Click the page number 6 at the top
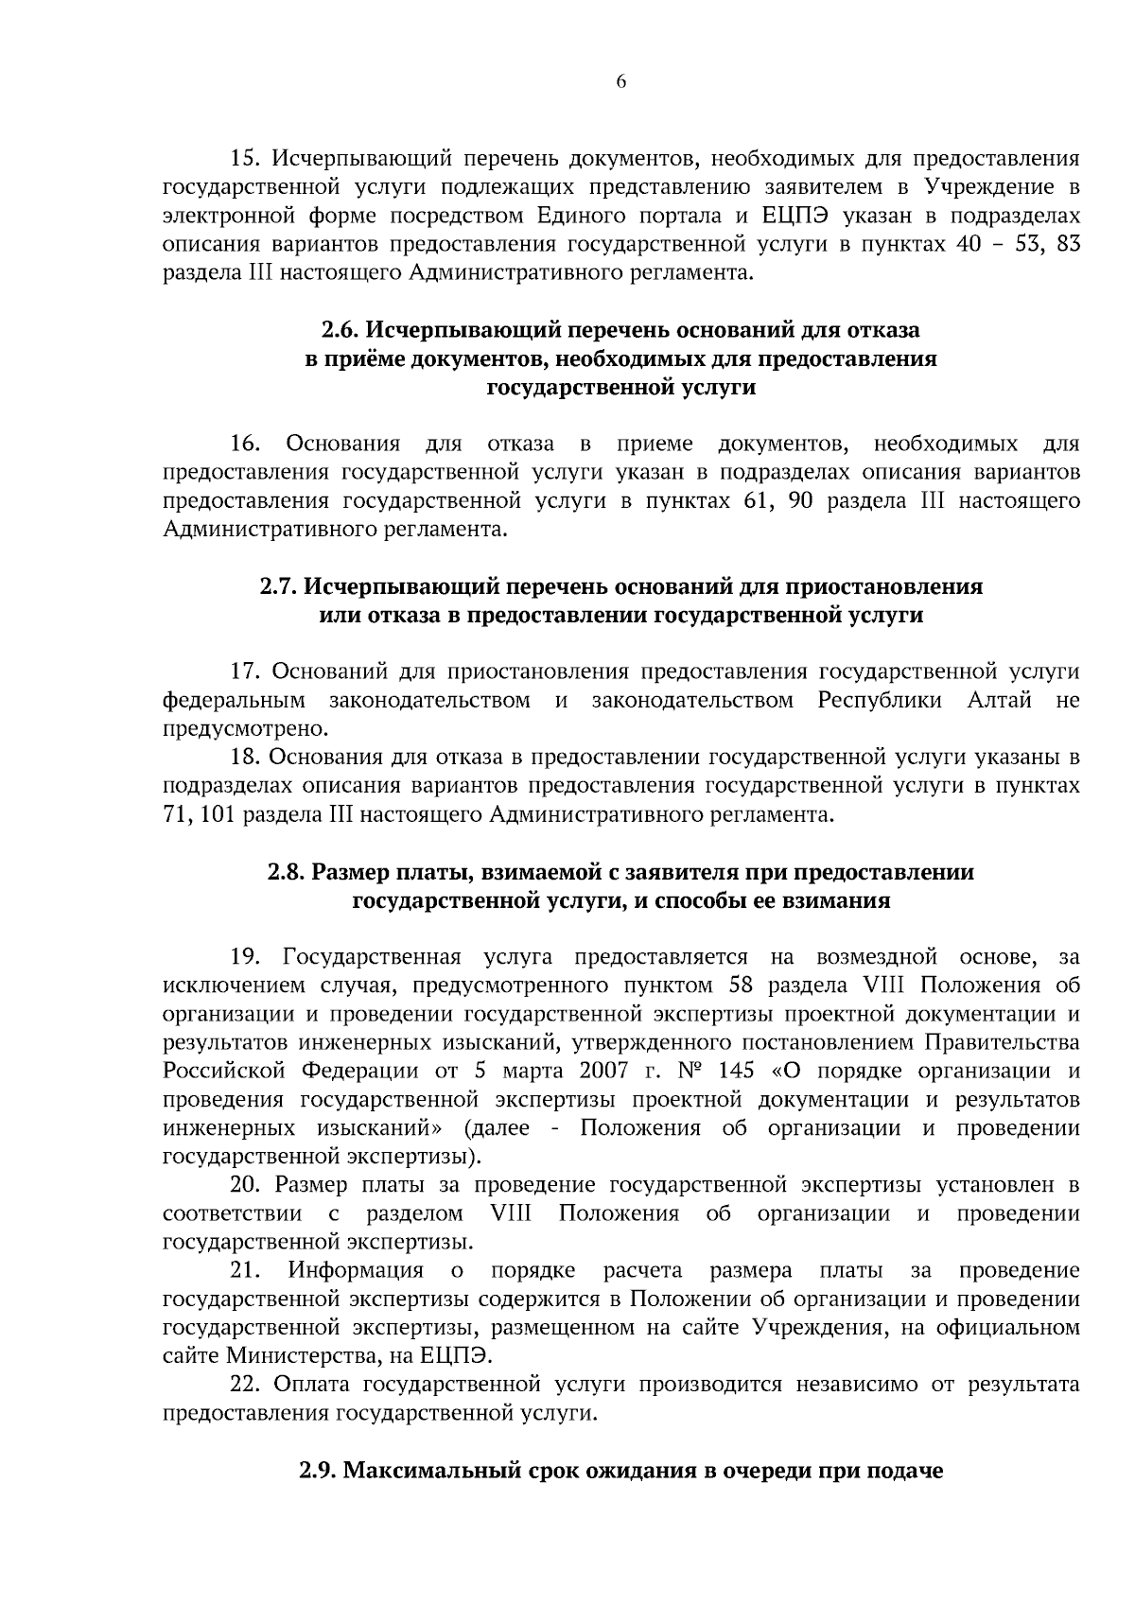pyautogui.click(x=621, y=82)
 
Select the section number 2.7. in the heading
pyautogui.click(x=279, y=587)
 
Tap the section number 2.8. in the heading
pyautogui.click(x=286, y=872)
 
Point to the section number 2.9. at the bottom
pyautogui.click(x=319, y=1472)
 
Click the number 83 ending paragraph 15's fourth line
pyautogui.click(x=1065, y=245)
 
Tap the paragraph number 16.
pyautogui.click(x=246, y=445)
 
